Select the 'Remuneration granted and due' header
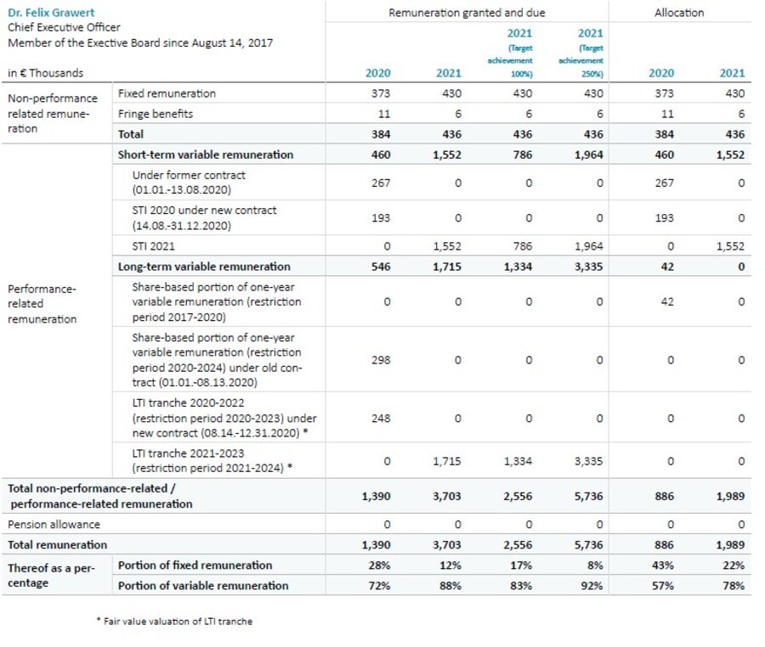click(x=467, y=13)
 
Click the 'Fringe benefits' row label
click(x=155, y=113)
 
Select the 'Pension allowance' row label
click(x=54, y=525)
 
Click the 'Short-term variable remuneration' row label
click(x=205, y=155)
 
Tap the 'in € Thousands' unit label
click(x=46, y=73)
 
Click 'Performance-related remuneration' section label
click(x=42, y=303)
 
